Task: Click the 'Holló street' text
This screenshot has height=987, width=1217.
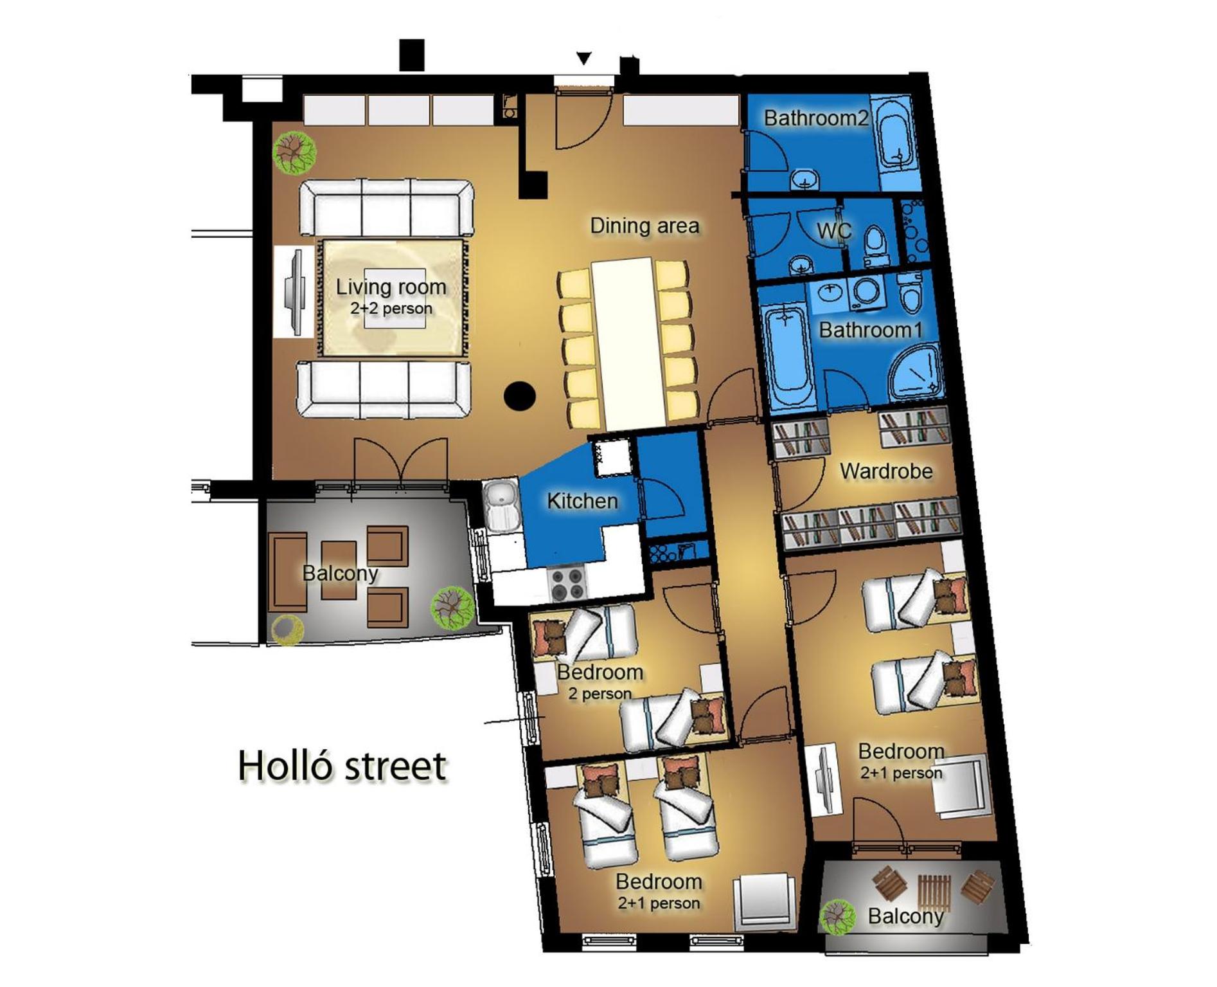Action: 342,766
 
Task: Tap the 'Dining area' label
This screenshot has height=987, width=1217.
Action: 644,226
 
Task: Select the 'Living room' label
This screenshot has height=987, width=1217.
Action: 391,287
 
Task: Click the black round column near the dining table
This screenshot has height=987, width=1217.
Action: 520,396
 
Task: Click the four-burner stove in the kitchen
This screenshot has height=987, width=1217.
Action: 567,583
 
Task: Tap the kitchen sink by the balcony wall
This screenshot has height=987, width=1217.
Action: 501,505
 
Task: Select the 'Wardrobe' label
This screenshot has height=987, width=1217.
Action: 885,471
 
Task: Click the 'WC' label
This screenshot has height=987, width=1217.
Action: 833,230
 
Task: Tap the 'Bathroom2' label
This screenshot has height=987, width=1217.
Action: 816,118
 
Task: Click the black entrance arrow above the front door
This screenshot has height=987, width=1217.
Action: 583,59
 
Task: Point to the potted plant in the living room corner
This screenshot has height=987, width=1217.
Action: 294,152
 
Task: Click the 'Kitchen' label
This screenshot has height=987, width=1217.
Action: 582,501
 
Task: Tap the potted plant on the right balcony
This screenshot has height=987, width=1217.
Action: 839,917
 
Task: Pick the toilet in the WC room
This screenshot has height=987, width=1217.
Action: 875,246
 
